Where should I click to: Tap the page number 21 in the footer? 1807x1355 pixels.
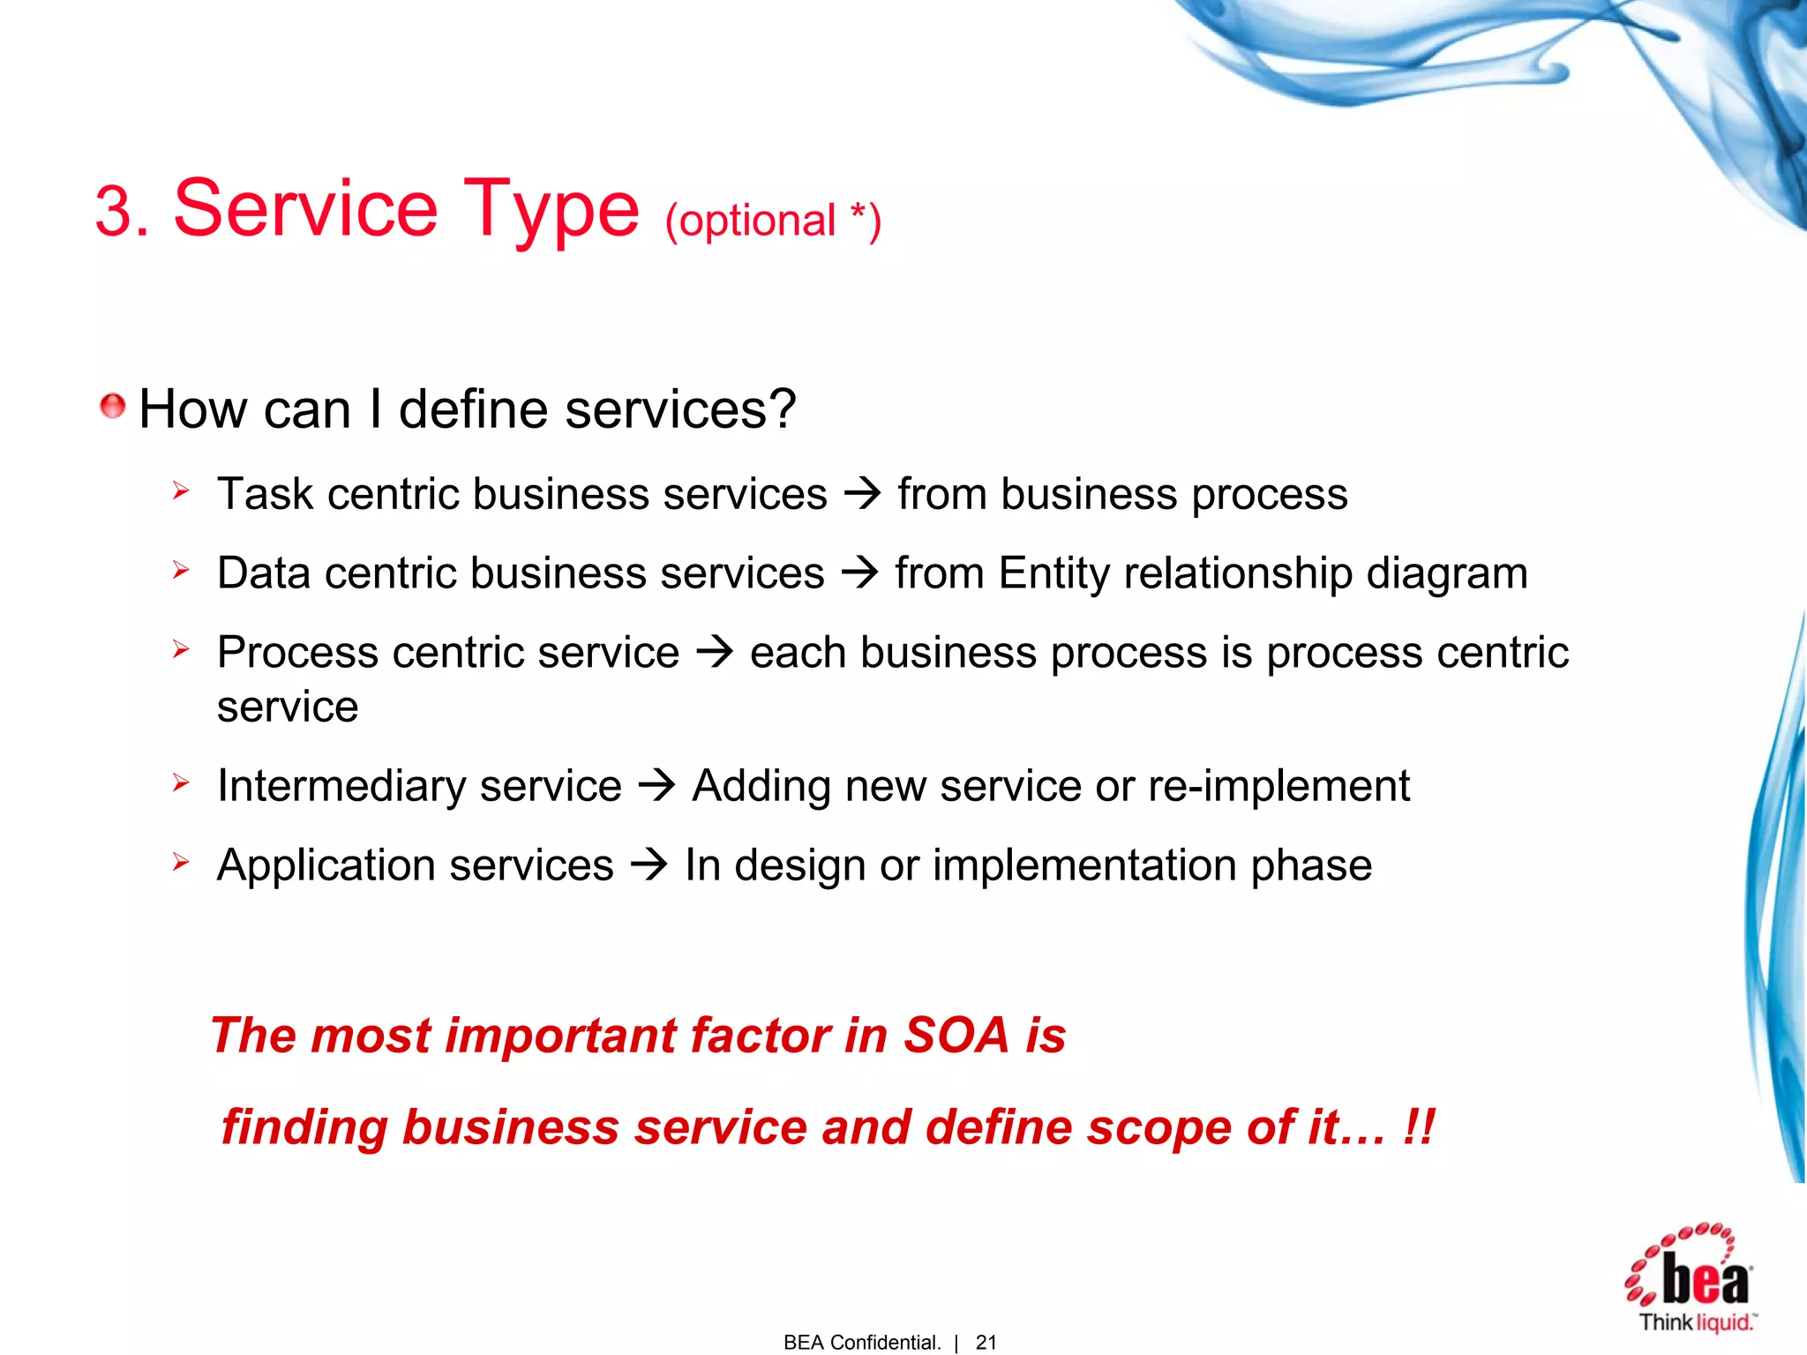[986, 1342]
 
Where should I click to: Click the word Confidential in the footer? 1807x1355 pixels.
[885, 1342]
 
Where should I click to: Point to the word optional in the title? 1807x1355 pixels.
[756, 221]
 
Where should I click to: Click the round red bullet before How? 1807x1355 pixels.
[112, 407]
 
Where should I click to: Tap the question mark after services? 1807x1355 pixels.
[781, 409]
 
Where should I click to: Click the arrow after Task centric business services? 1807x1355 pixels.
[862, 493]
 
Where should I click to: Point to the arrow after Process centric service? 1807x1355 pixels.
[714, 653]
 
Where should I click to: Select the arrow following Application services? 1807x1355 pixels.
[649, 865]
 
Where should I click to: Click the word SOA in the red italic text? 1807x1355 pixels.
[956, 1035]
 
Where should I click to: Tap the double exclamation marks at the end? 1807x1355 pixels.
[1418, 1127]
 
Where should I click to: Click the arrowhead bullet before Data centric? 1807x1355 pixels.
[181, 571]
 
